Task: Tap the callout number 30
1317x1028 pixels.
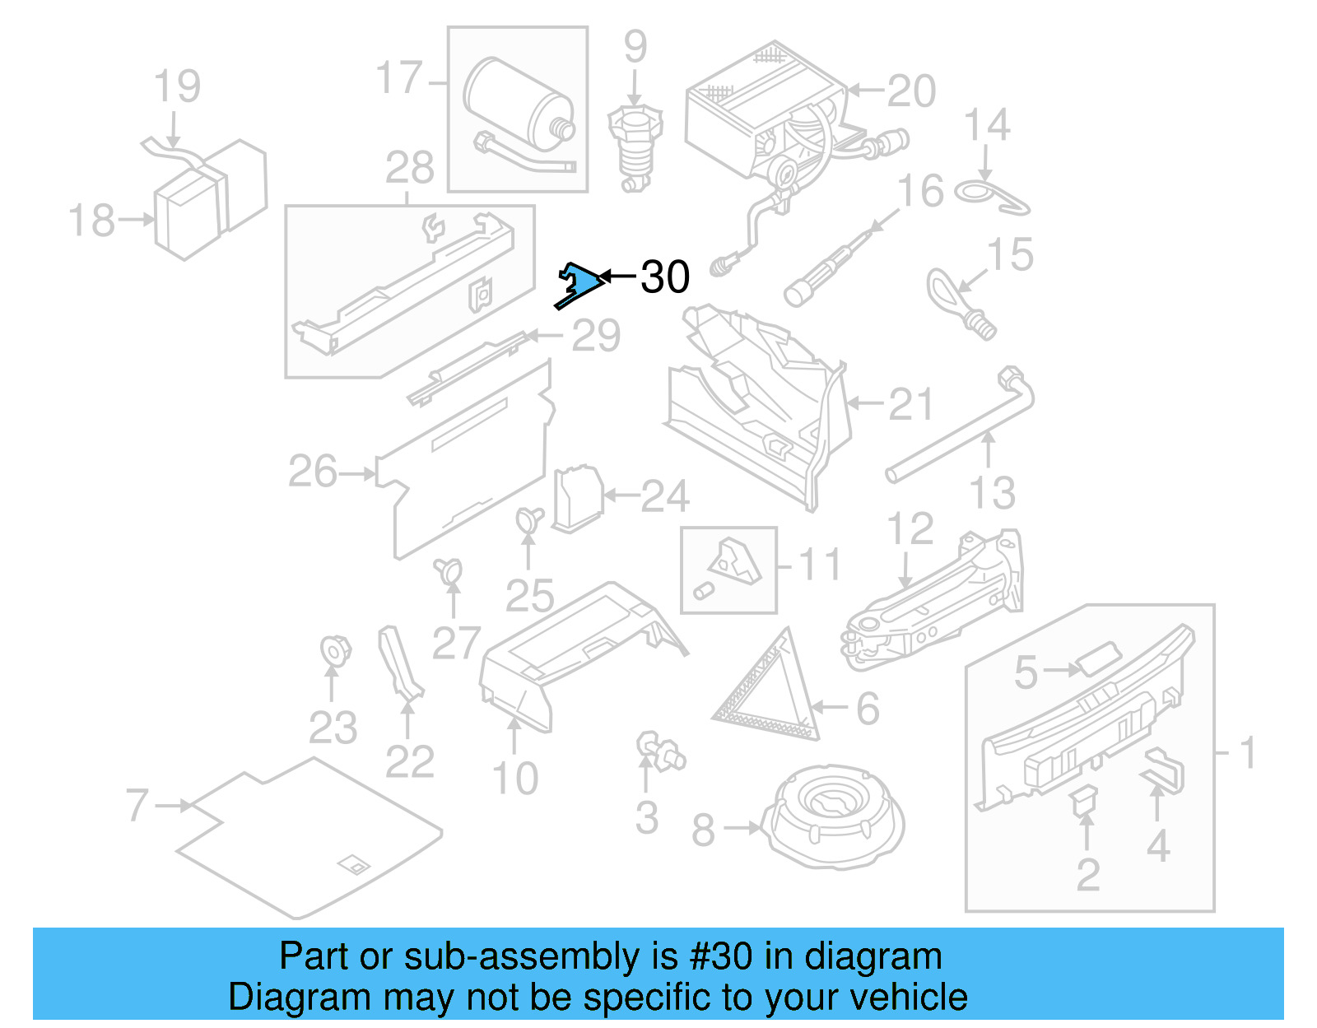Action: (665, 277)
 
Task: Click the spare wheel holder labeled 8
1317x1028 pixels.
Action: (832, 816)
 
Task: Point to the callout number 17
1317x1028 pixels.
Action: (398, 78)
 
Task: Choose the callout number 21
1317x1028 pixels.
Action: (911, 405)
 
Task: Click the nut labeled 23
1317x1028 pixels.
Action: (334, 650)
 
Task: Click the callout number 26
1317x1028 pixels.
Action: (313, 472)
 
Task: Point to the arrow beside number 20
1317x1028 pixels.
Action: (864, 91)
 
